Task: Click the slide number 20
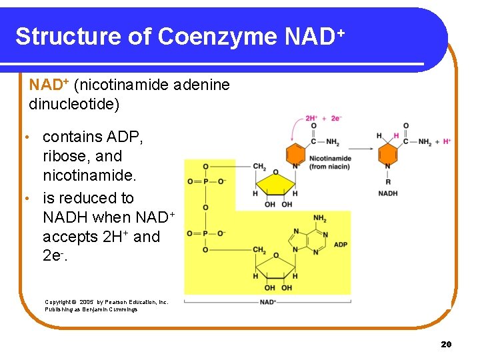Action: pyautogui.click(x=446, y=344)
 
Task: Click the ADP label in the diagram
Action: pyautogui.click(x=340, y=245)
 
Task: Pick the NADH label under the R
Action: pyautogui.click(x=387, y=193)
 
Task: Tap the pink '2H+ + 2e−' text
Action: pyautogui.click(x=324, y=119)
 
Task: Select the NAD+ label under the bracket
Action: pyautogui.click(x=268, y=302)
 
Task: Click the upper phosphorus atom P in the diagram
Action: pyautogui.click(x=205, y=181)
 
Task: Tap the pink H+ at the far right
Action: pyautogui.click(x=446, y=141)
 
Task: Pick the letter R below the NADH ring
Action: pyautogui.click(x=387, y=181)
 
